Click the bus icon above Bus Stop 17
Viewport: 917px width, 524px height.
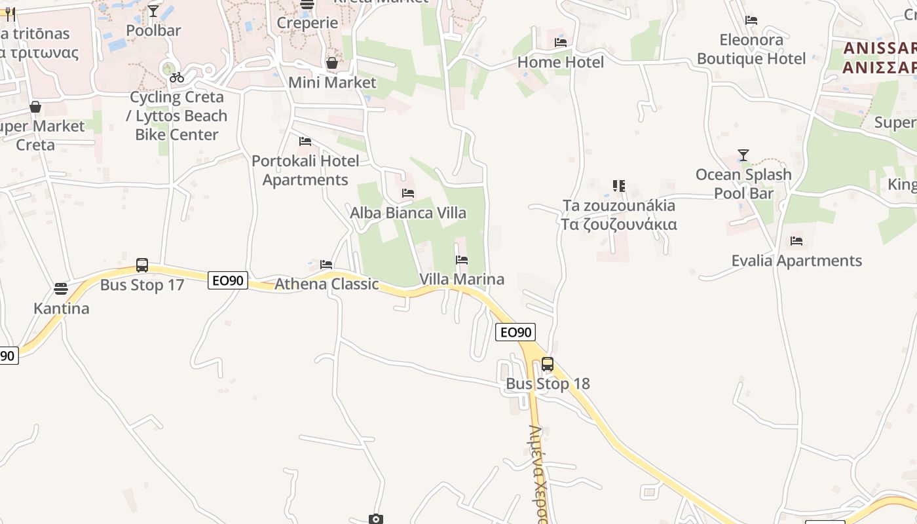pyautogui.click(x=142, y=265)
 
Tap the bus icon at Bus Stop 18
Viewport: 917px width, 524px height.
pyautogui.click(x=548, y=364)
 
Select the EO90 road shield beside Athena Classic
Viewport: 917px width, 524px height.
pyautogui.click(x=228, y=280)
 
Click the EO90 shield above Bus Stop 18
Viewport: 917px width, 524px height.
pyautogui.click(x=515, y=332)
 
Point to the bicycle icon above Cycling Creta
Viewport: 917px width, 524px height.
pyautogui.click(x=176, y=77)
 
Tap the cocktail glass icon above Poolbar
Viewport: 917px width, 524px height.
pyautogui.click(x=153, y=11)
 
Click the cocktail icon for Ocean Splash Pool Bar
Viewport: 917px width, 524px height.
pyautogui.click(x=743, y=155)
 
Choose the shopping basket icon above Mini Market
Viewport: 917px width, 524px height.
pyautogui.click(x=332, y=63)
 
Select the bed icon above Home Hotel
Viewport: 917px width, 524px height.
pyautogui.click(x=561, y=43)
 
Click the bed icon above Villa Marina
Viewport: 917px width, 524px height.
pyautogui.click(x=462, y=260)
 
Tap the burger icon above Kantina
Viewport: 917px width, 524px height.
pyautogui.click(x=61, y=288)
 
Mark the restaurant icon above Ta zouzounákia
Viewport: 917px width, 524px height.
pyautogui.click(x=619, y=186)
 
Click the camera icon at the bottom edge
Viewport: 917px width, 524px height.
pyautogui.click(x=375, y=519)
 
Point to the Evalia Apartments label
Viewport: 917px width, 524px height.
pyautogui.click(x=796, y=261)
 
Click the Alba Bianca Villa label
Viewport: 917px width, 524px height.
pyautogui.click(x=408, y=213)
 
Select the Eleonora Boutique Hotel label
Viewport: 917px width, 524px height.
pyautogui.click(x=751, y=49)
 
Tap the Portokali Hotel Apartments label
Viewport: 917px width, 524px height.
pyautogui.click(x=305, y=170)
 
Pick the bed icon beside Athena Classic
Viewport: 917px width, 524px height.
pyautogui.click(x=326, y=265)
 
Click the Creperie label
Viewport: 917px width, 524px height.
pyautogui.click(x=307, y=23)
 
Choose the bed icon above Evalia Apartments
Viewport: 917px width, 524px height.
pyautogui.click(x=796, y=241)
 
